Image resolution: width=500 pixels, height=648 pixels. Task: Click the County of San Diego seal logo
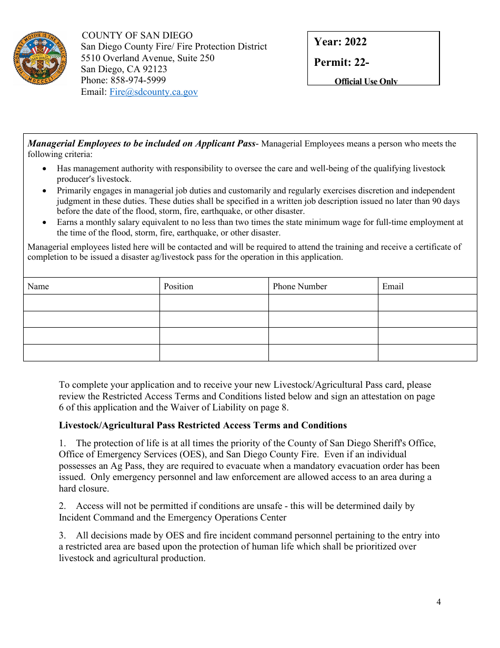[x=39, y=58]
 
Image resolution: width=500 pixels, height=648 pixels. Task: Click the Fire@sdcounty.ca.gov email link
[x=153, y=92]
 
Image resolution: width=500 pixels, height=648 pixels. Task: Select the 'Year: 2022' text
[x=340, y=42]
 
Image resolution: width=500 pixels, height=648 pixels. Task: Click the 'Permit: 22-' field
[x=342, y=62]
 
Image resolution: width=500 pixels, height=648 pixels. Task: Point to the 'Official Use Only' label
[x=366, y=81]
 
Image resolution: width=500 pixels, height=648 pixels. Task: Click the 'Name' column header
[x=38, y=286]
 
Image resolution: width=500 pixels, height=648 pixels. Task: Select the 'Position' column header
[x=178, y=286]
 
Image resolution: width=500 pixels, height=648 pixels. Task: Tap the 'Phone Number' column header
[x=299, y=286]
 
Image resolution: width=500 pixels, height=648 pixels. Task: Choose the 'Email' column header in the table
[x=393, y=286]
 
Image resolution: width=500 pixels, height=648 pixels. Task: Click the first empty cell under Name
[x=91, y=302]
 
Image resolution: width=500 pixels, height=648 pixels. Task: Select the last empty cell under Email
[x=427, y=352]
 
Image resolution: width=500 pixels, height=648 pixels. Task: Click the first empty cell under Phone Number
[x=323, y=302]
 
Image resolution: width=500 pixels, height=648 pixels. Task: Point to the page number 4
[x=438, y=602]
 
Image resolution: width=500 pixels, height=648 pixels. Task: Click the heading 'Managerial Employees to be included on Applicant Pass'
[x=141, y=143]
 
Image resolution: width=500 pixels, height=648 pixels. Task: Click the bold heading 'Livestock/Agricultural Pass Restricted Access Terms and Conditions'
[x=203, y=425]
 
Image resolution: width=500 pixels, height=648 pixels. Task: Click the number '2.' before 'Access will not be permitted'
[x=62, y=506]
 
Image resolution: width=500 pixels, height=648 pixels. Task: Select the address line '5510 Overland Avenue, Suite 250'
[x=147, y=58]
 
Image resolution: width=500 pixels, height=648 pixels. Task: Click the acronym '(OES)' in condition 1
[x=168, y=454]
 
